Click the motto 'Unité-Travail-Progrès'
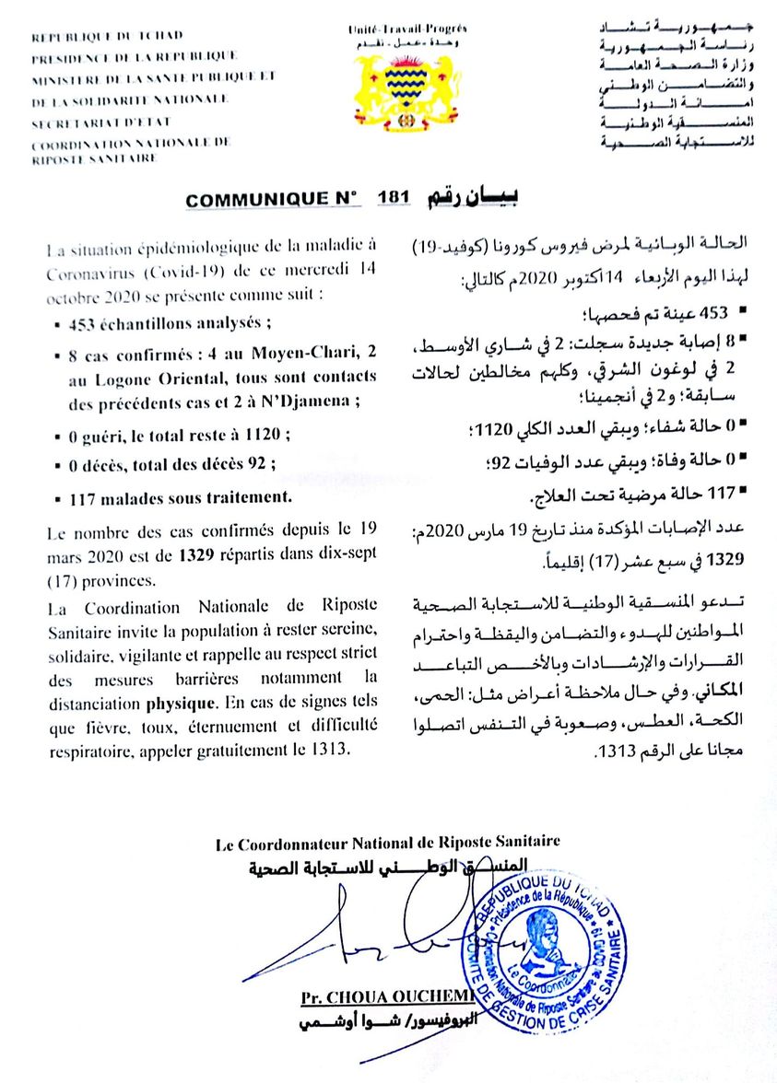406,29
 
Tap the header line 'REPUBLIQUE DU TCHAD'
107,37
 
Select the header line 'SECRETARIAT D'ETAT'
101,121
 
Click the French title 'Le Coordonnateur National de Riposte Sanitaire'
387,842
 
